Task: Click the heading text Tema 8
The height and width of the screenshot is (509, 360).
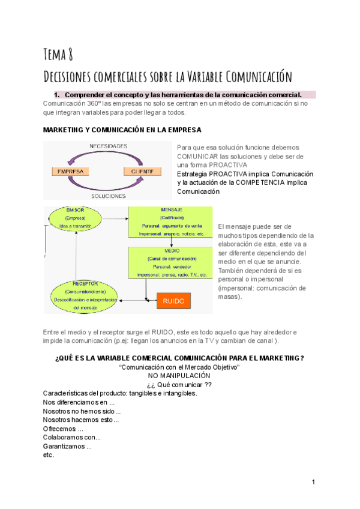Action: [58, 55]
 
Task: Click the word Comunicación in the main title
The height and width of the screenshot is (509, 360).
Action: [259, 77]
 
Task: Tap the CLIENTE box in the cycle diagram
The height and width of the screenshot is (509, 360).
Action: [142, 171]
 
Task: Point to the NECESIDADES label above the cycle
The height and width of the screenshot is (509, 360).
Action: [108, 146]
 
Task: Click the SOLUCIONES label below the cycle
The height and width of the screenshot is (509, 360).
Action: [108, 196]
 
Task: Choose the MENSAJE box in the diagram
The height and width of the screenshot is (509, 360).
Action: [170, 221]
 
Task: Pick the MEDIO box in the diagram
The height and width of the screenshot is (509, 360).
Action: [171, 262]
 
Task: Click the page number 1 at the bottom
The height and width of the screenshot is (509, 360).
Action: [314, 482]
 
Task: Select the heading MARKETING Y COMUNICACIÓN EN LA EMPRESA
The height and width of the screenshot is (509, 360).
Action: [122, 130]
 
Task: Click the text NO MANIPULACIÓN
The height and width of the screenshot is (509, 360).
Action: [179, 375]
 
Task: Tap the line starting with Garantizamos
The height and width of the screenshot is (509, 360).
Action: [67, 446]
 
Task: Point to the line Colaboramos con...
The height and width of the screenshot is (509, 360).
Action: [72, 438]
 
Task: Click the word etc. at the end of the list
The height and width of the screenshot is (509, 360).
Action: [49, 455]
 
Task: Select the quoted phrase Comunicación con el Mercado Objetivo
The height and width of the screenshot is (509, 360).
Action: [180, 367]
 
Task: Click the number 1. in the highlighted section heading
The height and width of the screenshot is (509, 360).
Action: [58, 95]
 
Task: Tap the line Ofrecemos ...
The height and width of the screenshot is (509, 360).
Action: [63, 429]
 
